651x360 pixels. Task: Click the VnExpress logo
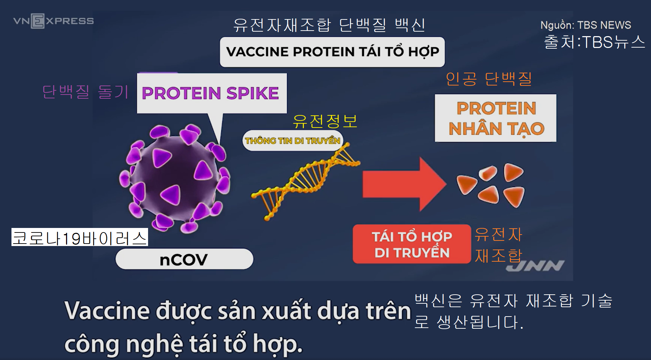click(53, 21)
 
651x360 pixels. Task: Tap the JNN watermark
click(535, 266)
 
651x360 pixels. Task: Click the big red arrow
click(403, 184)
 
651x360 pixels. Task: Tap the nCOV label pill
click(184, 259)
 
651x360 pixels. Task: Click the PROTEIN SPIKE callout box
click(211, 93)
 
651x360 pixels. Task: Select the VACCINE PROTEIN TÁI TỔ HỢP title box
click(332, 52)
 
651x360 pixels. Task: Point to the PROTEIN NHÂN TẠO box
click(496, 118)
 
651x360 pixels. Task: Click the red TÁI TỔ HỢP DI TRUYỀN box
click(412, 244)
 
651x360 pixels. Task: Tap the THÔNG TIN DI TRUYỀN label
click(292, 140)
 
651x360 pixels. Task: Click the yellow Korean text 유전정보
click(325, 121)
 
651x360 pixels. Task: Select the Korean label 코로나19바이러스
click(80, 238)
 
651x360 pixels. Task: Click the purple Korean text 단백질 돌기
click(85, 92)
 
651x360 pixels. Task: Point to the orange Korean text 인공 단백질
click(488, 79)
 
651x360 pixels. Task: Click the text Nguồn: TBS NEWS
click(585, 25)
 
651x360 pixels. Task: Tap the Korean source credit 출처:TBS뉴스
click(594, 42)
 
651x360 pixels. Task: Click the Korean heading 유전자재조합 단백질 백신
click(329, 25)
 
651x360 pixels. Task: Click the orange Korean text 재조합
click(498, 256)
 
